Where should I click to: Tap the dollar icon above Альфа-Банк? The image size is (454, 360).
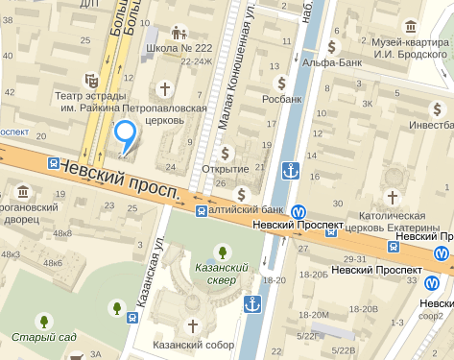pyautogui.click(x=332, y=46)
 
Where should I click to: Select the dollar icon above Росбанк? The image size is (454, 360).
pyautogui.click(x=281, y=81)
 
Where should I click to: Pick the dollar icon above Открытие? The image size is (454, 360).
pyautogui.click(x=225, y=152)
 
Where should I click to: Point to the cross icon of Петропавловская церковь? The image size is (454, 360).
pyautogui.click(x=164, y=89)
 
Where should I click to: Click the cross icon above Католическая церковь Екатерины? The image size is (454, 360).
pyautogui.click(x=390, y=197)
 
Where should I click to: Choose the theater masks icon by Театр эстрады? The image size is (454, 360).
pyautogui.click(x=91, y=80)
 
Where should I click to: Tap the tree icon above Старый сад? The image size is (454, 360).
pyautogui.click(x=43, y=319)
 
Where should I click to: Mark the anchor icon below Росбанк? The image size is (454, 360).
pyautogui.click(x=289, y=171)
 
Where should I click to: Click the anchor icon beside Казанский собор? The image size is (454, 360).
pyautogui.click(x=252, y=305)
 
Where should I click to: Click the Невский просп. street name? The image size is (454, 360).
pyautogui.click(x=120, y=180)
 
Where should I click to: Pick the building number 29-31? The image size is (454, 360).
pyautogui.click(x=355, y=259)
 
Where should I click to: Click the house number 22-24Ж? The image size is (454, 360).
pyautogui.click(x=198, y=61)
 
